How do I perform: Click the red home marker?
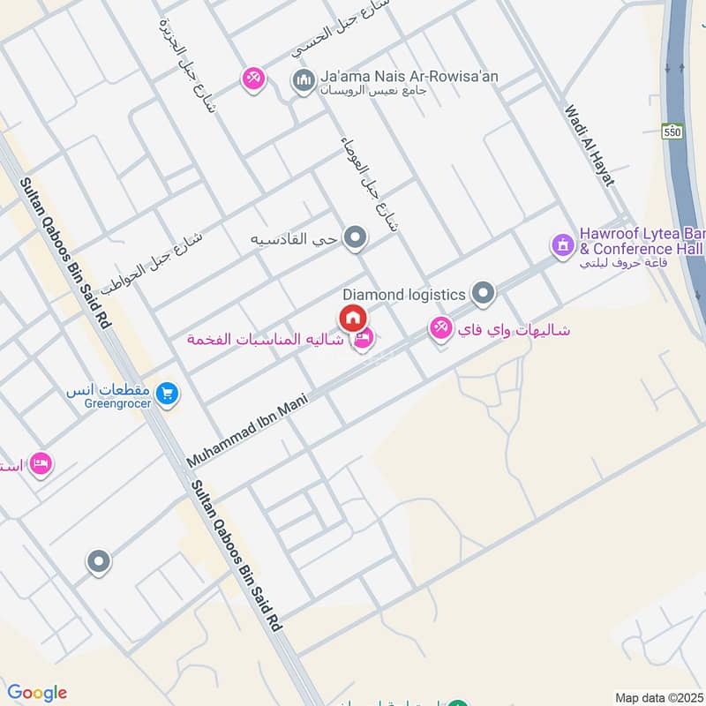click(x=352, y=317)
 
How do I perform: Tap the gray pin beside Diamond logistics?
click(x=482, y=292)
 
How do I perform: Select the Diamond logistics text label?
click(x=403, y=295)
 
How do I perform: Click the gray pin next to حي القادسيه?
click(x=356, y=237)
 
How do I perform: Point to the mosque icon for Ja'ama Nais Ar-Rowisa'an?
click(x=303, y=80)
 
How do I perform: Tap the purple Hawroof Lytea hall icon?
click(x=562, y=244)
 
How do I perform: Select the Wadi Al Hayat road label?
click(x=590, y=146)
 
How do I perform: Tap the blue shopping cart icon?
click(x=165, y=393)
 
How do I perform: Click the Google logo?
click(x=37, y=693)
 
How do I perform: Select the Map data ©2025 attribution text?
click(x=657, y=697)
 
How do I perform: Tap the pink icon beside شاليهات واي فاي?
click(x=439, y=329)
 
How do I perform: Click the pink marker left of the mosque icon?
click(x=253, y=79)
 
